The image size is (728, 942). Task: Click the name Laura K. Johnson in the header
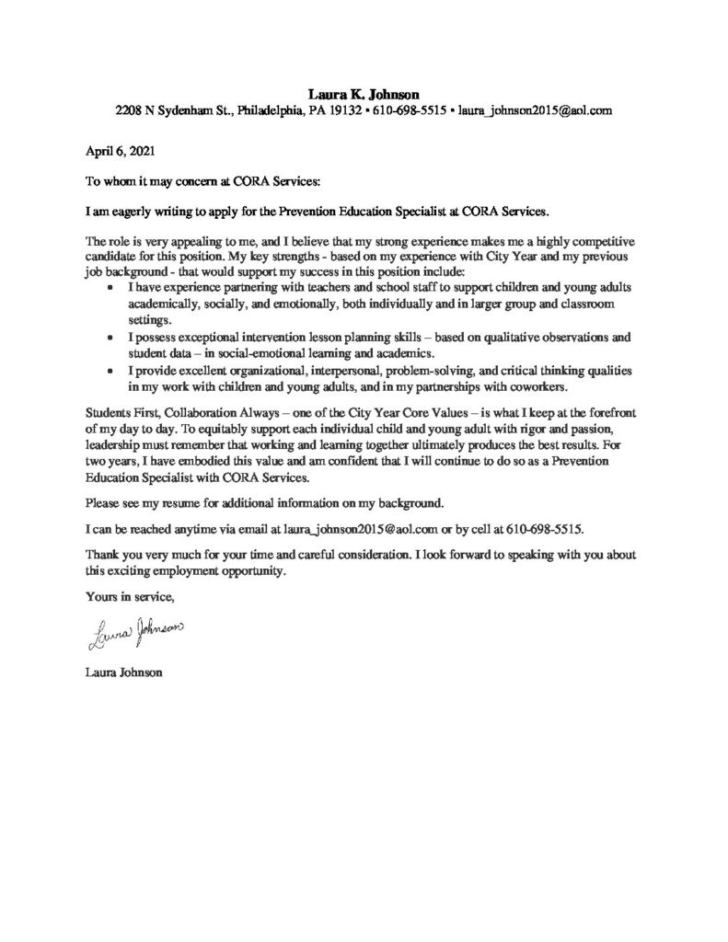coord(364,94)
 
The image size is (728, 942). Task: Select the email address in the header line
coord(535,110)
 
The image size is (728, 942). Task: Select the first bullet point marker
coord(111,288)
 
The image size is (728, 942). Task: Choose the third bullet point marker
coord(111,371)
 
